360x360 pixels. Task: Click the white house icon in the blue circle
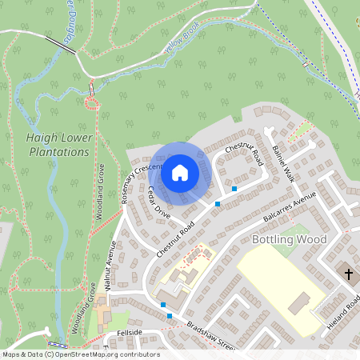[x=180, y=172]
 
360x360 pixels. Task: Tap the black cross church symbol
[x=348, y=274]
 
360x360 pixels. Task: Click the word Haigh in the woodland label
[x=42, y=138]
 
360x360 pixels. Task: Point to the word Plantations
[x=58, y=152]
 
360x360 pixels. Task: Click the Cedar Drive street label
[x=159, y=202]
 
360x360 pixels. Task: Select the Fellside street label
[x=129, y=331]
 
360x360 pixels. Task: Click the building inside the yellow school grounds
[x=299, y=303]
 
